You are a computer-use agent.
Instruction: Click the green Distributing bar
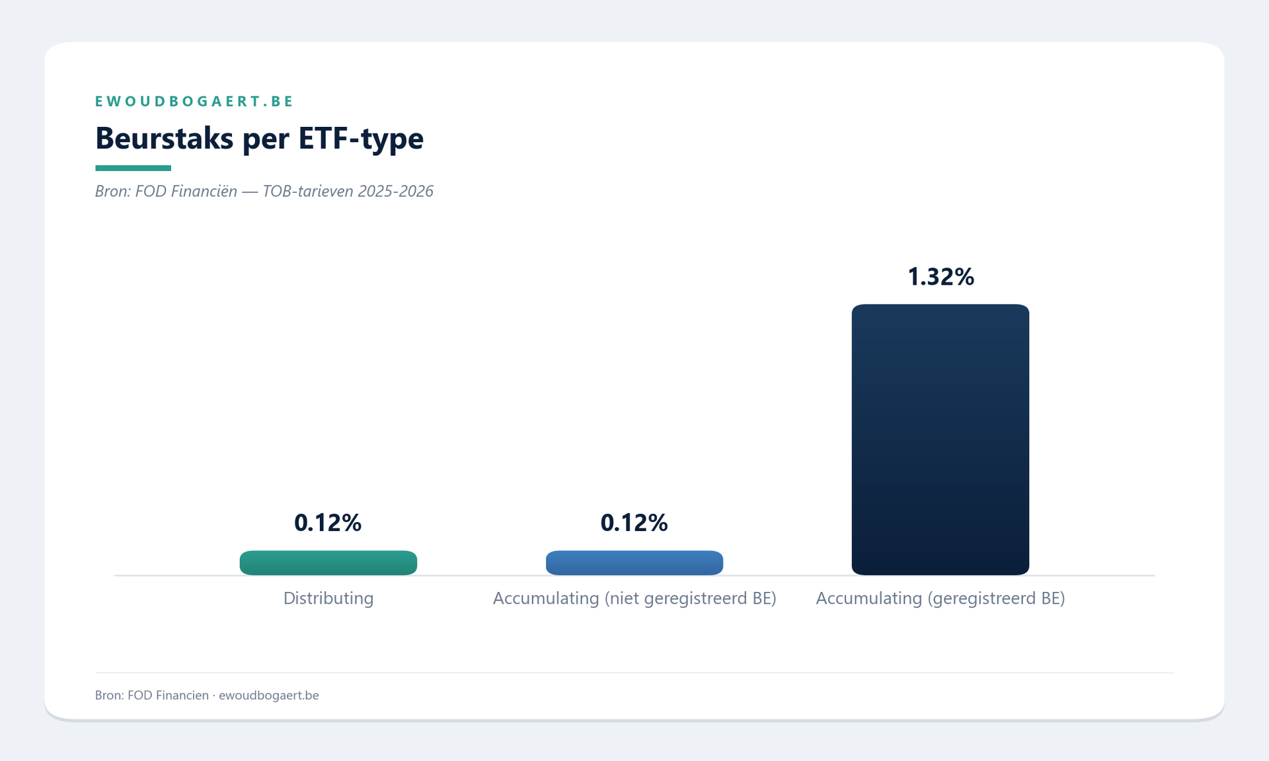tap(328, 563)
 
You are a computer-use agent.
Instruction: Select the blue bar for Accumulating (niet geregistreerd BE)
tap(634, 563)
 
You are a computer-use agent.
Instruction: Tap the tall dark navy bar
tap(940, 439)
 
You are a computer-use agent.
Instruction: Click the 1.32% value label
tap(940, 277)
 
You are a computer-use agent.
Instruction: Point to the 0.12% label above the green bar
tap(328, 523)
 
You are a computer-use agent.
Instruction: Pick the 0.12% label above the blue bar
tap(634, 523)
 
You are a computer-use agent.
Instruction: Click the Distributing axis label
tap(328, 598)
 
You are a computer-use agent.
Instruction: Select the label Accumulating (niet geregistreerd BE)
tap(634, 598)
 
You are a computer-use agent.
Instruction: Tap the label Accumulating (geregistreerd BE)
tap(940, 598)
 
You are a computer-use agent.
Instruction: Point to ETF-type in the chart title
tap(361, 139)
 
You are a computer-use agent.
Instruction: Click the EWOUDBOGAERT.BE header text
tap(194, 101)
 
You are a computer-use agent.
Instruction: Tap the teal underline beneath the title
tap(133, 168)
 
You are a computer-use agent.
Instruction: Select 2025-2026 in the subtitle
tap(395, 192)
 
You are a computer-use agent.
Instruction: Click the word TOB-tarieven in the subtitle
tap(307, 192)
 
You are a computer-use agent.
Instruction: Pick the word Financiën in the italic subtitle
tap(205, 192)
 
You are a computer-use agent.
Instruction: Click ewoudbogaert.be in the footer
tap(268, 696)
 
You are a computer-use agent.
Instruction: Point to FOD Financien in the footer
tap(168, 696)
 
